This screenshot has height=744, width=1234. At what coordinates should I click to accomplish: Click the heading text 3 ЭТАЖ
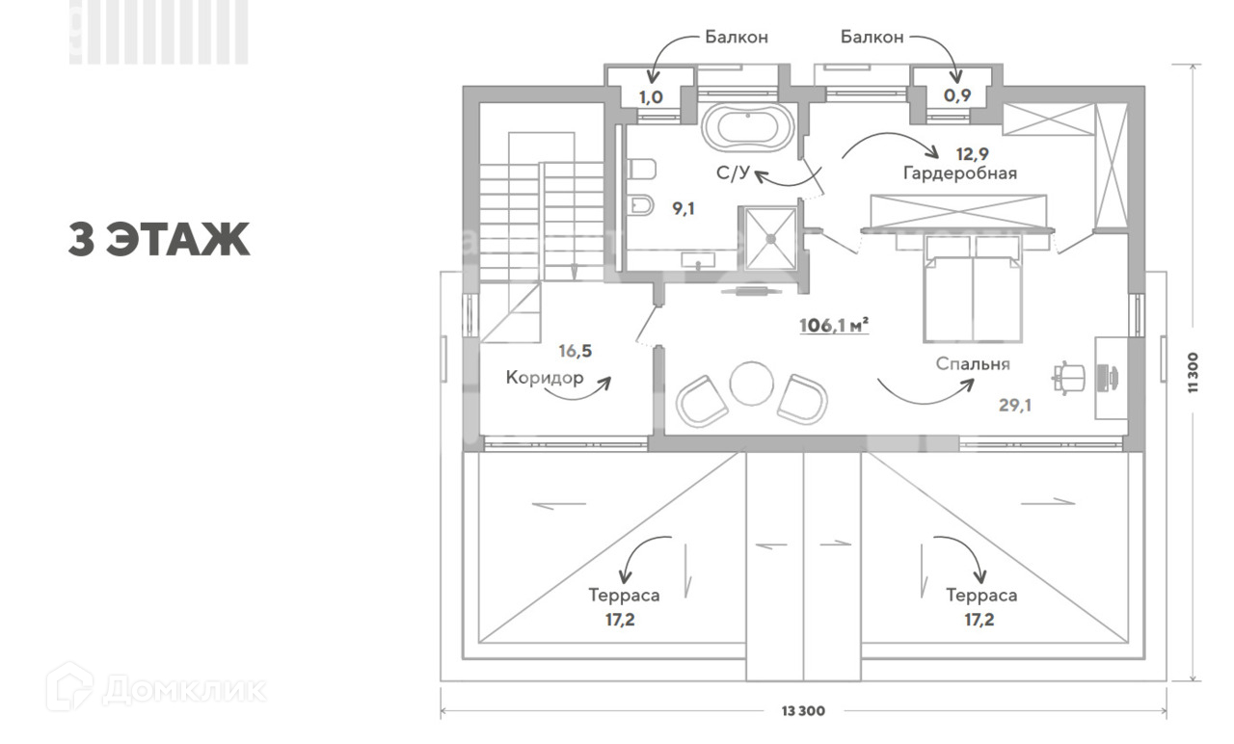pyautogui.click(x=159, y=240)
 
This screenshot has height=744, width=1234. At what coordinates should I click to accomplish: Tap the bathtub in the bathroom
pyautogui.click(x=748, y=128)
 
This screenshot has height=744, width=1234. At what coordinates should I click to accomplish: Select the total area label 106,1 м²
pyautogui.click(x=834, y=325)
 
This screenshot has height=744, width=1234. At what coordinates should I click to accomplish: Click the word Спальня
pyautogui.click(x=972, y=364)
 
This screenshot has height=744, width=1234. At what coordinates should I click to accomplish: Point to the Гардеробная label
pyautogui.click(x=960, y=173)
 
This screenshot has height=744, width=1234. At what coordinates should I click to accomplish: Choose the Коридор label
pyautogui.click(x=545, y=378)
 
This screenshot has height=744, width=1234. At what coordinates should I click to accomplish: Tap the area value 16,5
pyautogui.click(x=575, y=351)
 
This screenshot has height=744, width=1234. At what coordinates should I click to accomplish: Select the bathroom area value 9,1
pyautogui.click(x=684, y=207)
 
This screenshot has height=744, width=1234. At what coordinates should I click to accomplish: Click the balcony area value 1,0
pyautogui.click(x=652, y=96)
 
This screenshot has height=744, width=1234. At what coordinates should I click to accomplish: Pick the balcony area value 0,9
pyautogui.click(x=958, y=96)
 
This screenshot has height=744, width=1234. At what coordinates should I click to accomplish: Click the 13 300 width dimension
pyautogui.click(x=802, y=712)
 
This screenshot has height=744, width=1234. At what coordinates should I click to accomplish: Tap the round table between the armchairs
pyautogui.click(x=752, y=384)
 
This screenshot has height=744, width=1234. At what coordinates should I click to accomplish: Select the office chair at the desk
pyautogui.click(x=1071, y=376)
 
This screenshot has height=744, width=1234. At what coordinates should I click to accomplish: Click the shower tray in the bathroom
pyautogui.click(x=768, y=236)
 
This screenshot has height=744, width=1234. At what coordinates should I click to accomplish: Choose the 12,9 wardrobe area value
pyautogui.click(x=972, y=153)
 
